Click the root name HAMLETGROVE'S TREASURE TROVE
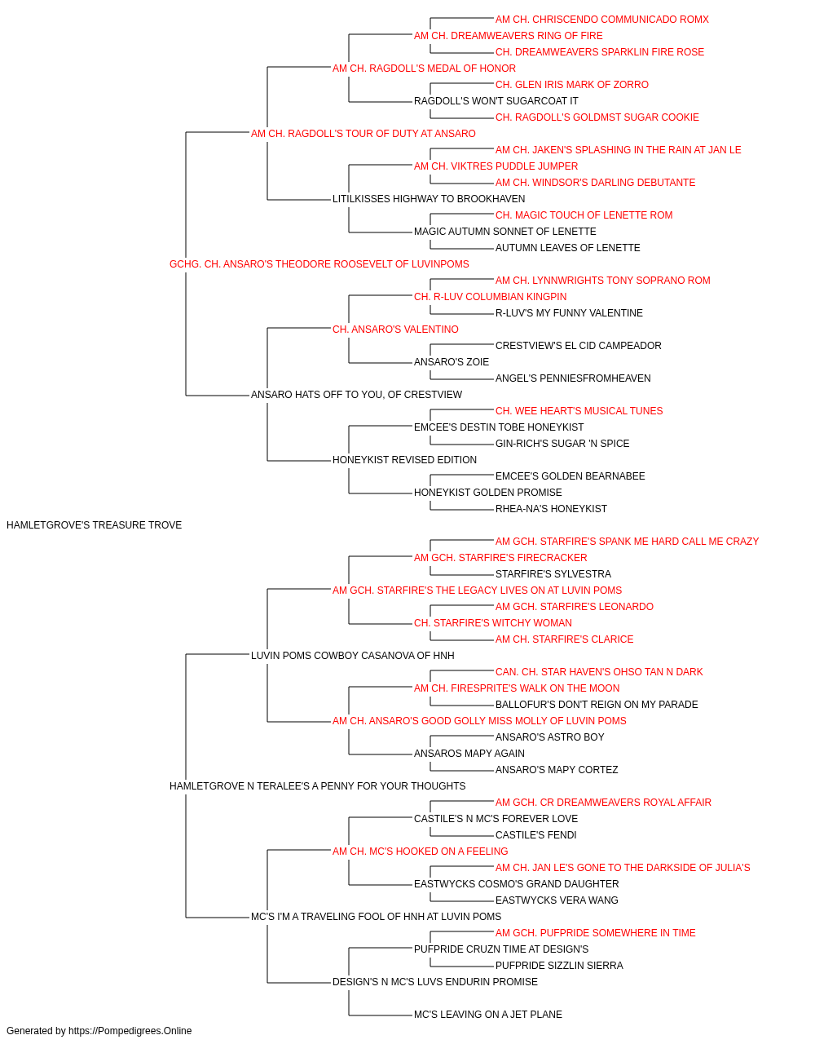pyautogui.click(x=94, y=525)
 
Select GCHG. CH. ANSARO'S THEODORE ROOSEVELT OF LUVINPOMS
pyautogui.click(x=319, y=264)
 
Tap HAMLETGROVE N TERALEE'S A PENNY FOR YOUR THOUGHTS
pyautogui.click(x=317, y=786)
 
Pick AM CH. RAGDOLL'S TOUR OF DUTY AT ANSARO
pyautogui.click(x=363, y=134)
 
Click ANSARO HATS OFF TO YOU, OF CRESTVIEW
pyautogui.click(x=357, y=395)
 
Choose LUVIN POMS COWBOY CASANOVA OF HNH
pyautogui.click(x=353, y=655)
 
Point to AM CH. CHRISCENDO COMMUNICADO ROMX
pyautogui.click(x=602, y=20)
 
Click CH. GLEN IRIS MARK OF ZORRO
pyautogui.click(x=571, y=85)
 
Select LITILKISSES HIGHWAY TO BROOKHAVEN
pyautogui.click(x=429, y=199)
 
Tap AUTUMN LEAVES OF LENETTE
pyautogui.click(x=568, y=248)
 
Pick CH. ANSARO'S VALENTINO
pyautogui.click(x=395, y=329)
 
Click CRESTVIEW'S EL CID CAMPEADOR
pyautogui.click(x=579, y=346)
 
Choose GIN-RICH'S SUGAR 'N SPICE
pyautogui.click(x=562, y=444)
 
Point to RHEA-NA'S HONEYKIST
pyautogui.click(x=551, y=509)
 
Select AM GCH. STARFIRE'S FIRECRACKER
pyautogui.click(x=500, y=558)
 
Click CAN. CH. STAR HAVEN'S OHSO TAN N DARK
pyautogui.click(x=599, y=671)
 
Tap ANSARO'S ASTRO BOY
pyautogui.click(x=549, y=737)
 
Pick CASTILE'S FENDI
pyautogui.click(x=535, y=835)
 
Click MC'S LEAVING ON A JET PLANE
pyautogui.click(x=488, y=1014)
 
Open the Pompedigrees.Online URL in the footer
pyautogui.click(x=130, y=1031)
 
